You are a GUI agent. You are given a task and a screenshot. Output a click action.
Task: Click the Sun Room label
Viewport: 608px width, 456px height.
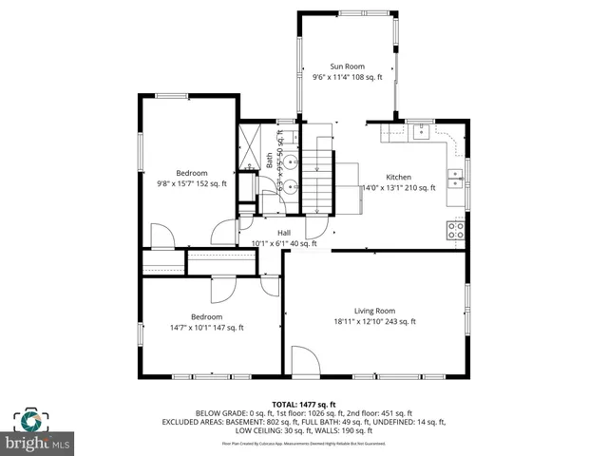[x=347, y=66]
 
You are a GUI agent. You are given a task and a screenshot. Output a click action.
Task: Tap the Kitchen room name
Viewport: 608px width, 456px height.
[x=398, y=177]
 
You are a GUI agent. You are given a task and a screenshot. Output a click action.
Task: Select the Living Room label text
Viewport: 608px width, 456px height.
[x=374, y=311]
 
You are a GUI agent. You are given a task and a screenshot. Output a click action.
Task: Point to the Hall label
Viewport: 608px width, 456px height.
[x=284, y=232]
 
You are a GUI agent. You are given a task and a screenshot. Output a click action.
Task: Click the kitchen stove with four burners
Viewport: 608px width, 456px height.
[x=456, y=229]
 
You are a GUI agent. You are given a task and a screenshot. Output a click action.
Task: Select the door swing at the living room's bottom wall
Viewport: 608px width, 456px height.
[x=305, y=360]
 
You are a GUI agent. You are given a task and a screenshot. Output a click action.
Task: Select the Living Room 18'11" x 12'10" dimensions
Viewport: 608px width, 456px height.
[x=374, y=322]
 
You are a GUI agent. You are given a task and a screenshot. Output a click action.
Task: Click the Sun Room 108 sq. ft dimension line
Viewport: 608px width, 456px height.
[x=347, y=77]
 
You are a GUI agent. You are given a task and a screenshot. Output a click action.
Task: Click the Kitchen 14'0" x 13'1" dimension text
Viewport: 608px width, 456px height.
[x=398, y=188]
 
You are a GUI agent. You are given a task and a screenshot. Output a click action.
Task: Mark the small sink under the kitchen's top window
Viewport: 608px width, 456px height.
[x=419, y=131]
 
